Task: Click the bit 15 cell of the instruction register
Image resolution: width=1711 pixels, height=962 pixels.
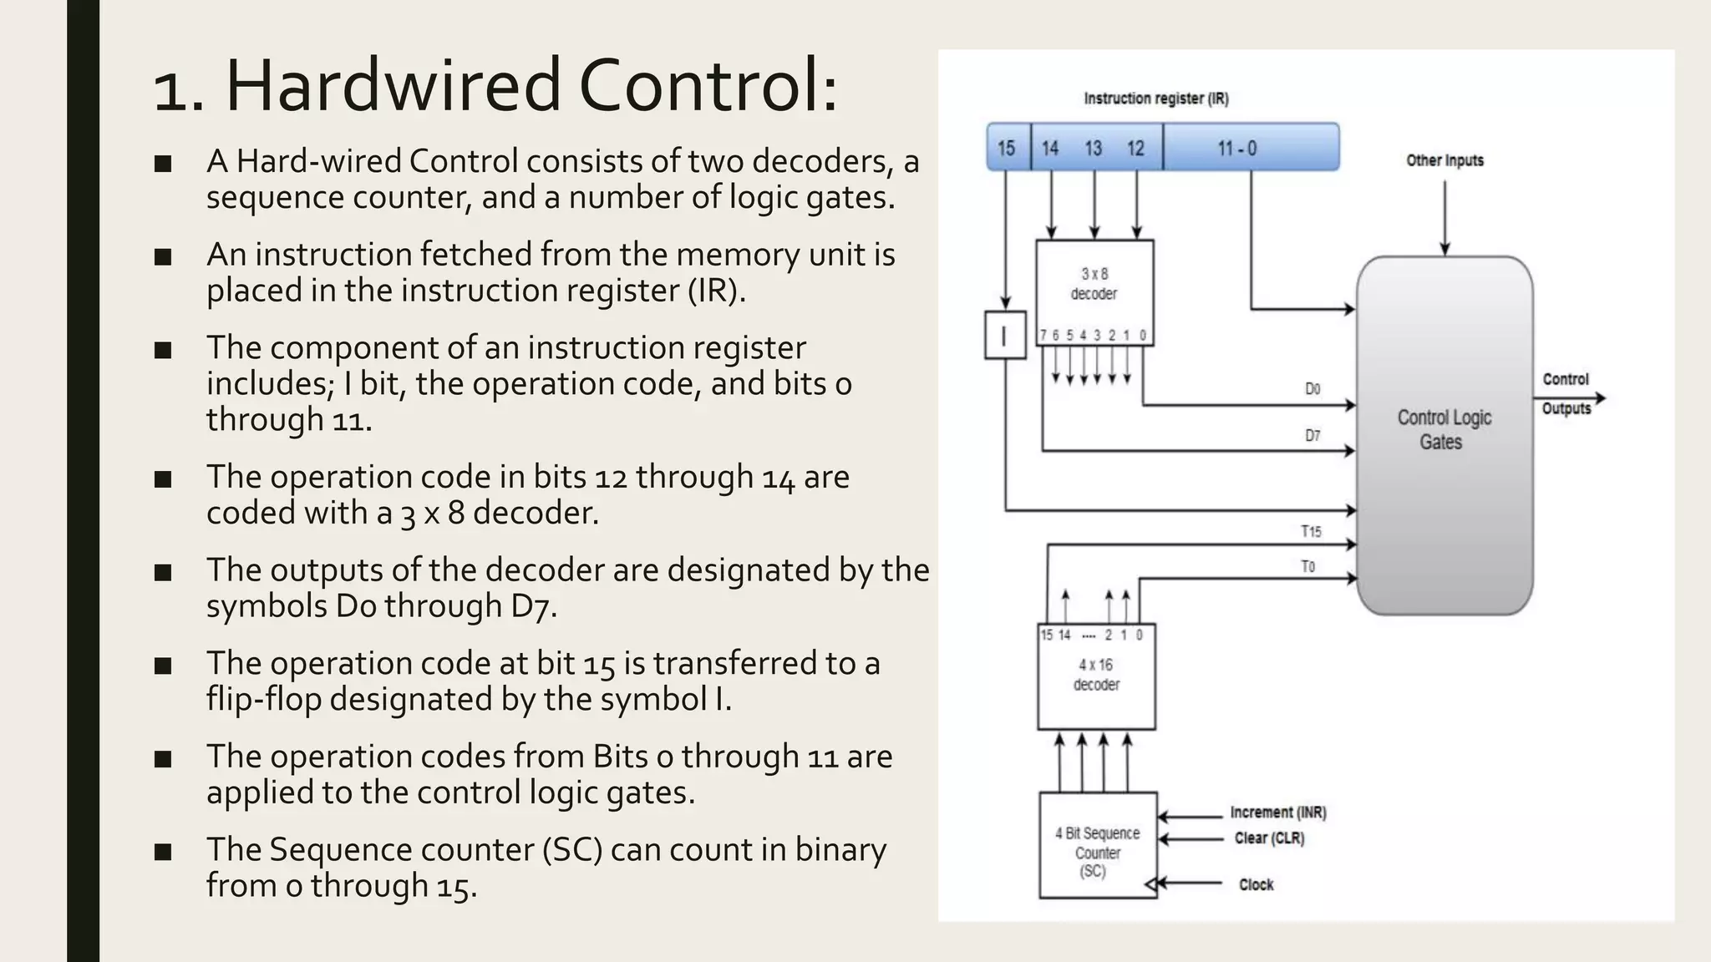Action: click(x=1008, y=148)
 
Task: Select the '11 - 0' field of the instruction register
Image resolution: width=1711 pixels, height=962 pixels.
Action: click(x=1250, y=148)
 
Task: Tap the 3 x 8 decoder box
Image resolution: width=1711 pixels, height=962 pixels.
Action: click(x=1094, y=284)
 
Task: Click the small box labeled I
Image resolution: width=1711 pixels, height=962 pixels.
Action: click(x=1005, y=336)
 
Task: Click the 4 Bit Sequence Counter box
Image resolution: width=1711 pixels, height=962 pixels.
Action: click(x=1098, y=846)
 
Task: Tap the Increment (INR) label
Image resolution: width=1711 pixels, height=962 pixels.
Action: click(x=1278, y=813)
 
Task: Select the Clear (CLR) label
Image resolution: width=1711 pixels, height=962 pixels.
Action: click(x=1269, y=838)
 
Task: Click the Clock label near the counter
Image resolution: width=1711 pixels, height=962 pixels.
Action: click(x=1256, y=884)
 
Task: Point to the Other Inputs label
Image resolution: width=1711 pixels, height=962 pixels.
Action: click(x=1444, y=160)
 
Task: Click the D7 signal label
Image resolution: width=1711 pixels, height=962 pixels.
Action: click(x=1312, y=435)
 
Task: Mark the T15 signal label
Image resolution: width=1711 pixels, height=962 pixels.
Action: click(x=1311, y=531)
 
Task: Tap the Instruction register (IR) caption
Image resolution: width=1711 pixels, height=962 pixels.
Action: click(x=1156, y=99)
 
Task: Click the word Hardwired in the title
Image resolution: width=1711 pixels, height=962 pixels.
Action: click(x=393, y=86)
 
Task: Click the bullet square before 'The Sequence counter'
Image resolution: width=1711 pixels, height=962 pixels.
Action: click(x=163, y=852)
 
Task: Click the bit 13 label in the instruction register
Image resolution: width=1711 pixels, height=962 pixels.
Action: click(x=1094, y=148)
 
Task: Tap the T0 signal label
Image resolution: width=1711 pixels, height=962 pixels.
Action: click(x=1307, y=566)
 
